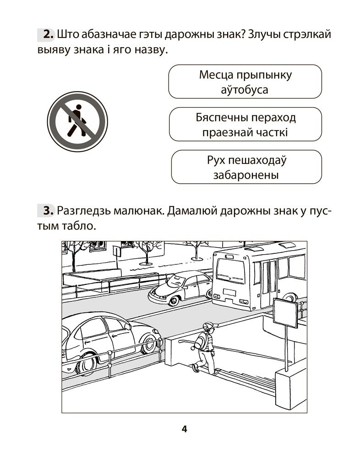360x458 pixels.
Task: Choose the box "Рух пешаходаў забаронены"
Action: [246, 167]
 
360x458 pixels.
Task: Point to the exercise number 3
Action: [47, 211]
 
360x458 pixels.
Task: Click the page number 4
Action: [184, 429]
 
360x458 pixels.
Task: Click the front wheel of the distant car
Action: [174, 300]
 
